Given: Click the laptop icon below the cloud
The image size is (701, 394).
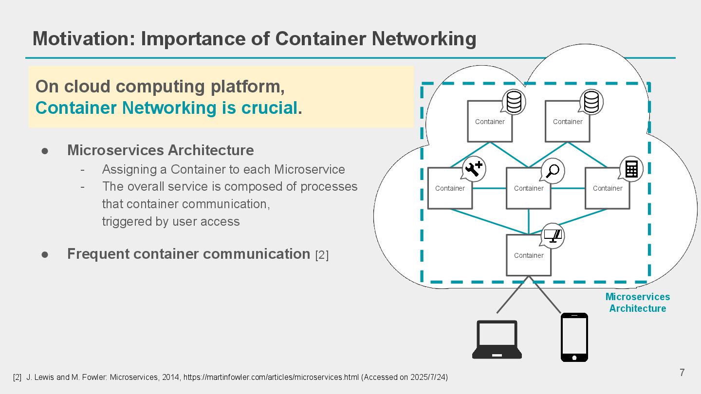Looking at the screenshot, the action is click(x=497, y=340).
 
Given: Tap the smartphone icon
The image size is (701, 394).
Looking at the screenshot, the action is click(x=574, y=337).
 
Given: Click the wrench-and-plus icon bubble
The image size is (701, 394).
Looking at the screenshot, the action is click(x=474, y=169).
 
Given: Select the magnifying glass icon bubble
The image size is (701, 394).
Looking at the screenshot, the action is click(x=553, y=171).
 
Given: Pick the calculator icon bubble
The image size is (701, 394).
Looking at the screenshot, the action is click(x=631, y=169).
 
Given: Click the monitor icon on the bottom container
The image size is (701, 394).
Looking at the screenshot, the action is click(x=553, y=236).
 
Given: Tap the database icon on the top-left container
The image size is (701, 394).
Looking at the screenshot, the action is click(x=514, y=102).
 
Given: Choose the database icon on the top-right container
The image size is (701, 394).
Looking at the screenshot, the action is click(x=591, y=102).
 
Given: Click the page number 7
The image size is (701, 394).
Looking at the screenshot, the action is click(x=682, y=373).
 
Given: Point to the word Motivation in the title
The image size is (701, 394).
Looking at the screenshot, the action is click(x=84, y=39).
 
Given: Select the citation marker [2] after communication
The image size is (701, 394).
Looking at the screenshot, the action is click(x=322, y=255).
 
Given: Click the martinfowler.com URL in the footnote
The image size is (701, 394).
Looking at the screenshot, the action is click(x=271, y=377).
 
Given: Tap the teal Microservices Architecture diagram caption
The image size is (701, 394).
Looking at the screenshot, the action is click(x=638, y=303).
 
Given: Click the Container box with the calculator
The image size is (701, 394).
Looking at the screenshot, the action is click(x=608, y=188).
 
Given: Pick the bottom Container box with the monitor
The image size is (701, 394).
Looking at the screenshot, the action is click(x=529, y=255).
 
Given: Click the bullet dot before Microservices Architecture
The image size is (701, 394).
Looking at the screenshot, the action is click(x=45, y=151).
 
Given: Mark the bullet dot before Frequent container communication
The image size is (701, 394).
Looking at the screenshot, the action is click(x=45, y=255).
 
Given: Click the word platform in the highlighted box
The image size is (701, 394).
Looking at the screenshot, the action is click(x=247, y=87).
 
